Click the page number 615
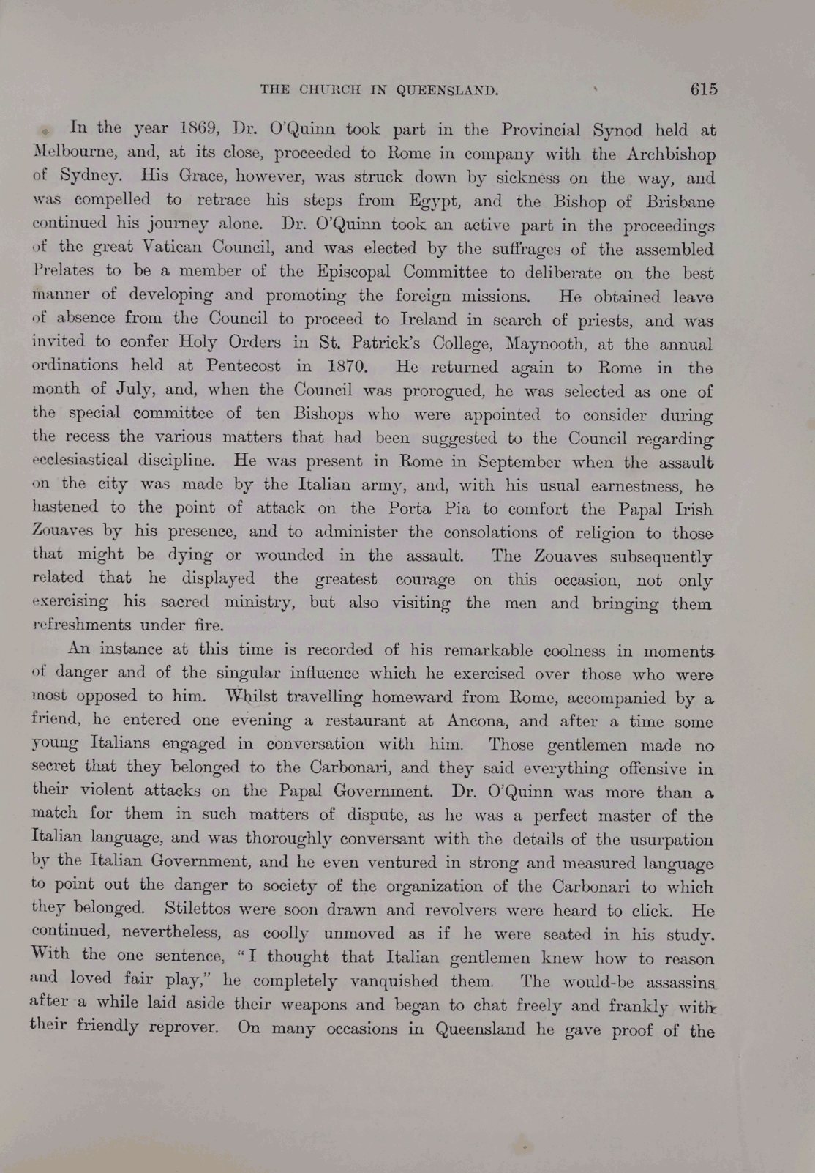(x=703, y=89)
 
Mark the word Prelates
(x=64, y=271)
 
